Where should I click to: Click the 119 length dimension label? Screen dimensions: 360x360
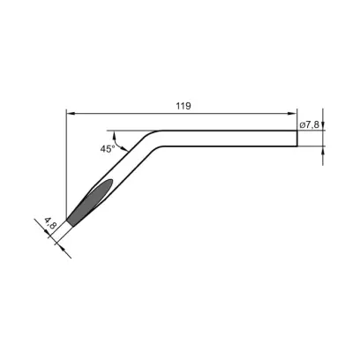point(184,106)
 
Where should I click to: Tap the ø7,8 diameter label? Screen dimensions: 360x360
point(310,124)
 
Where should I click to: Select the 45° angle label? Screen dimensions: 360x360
point(108,149)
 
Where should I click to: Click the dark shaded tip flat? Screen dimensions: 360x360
point(91,202)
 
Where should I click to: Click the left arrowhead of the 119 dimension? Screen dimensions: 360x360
point(71,114)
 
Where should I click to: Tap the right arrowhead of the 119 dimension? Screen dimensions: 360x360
point(292,114)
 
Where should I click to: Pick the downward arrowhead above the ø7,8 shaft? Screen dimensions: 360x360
point(323,125)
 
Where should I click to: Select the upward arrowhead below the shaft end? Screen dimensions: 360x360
point(323,150)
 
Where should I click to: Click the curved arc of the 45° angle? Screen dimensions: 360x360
point(117,143)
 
